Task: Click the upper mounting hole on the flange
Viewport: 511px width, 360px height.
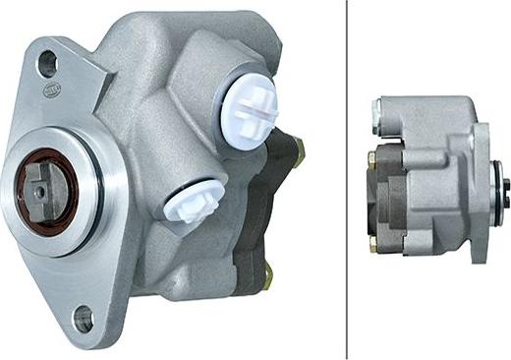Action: point(47,64)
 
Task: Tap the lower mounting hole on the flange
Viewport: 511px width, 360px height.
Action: point(83,318)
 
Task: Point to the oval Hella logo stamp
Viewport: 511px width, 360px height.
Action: point(52,90)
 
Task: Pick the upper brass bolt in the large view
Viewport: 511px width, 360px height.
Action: point(298,150)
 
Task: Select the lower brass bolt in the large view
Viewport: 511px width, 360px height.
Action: point(267,279)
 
